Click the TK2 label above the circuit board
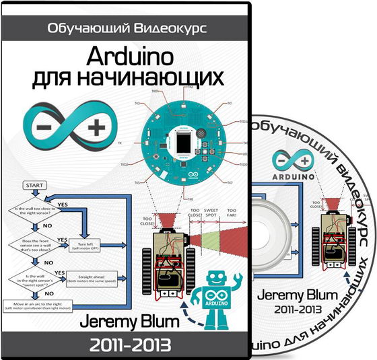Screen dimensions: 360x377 tap(191, 87)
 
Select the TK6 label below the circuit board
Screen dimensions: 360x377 tap(190, 199)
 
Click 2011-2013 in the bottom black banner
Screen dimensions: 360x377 tap(128, 345)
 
